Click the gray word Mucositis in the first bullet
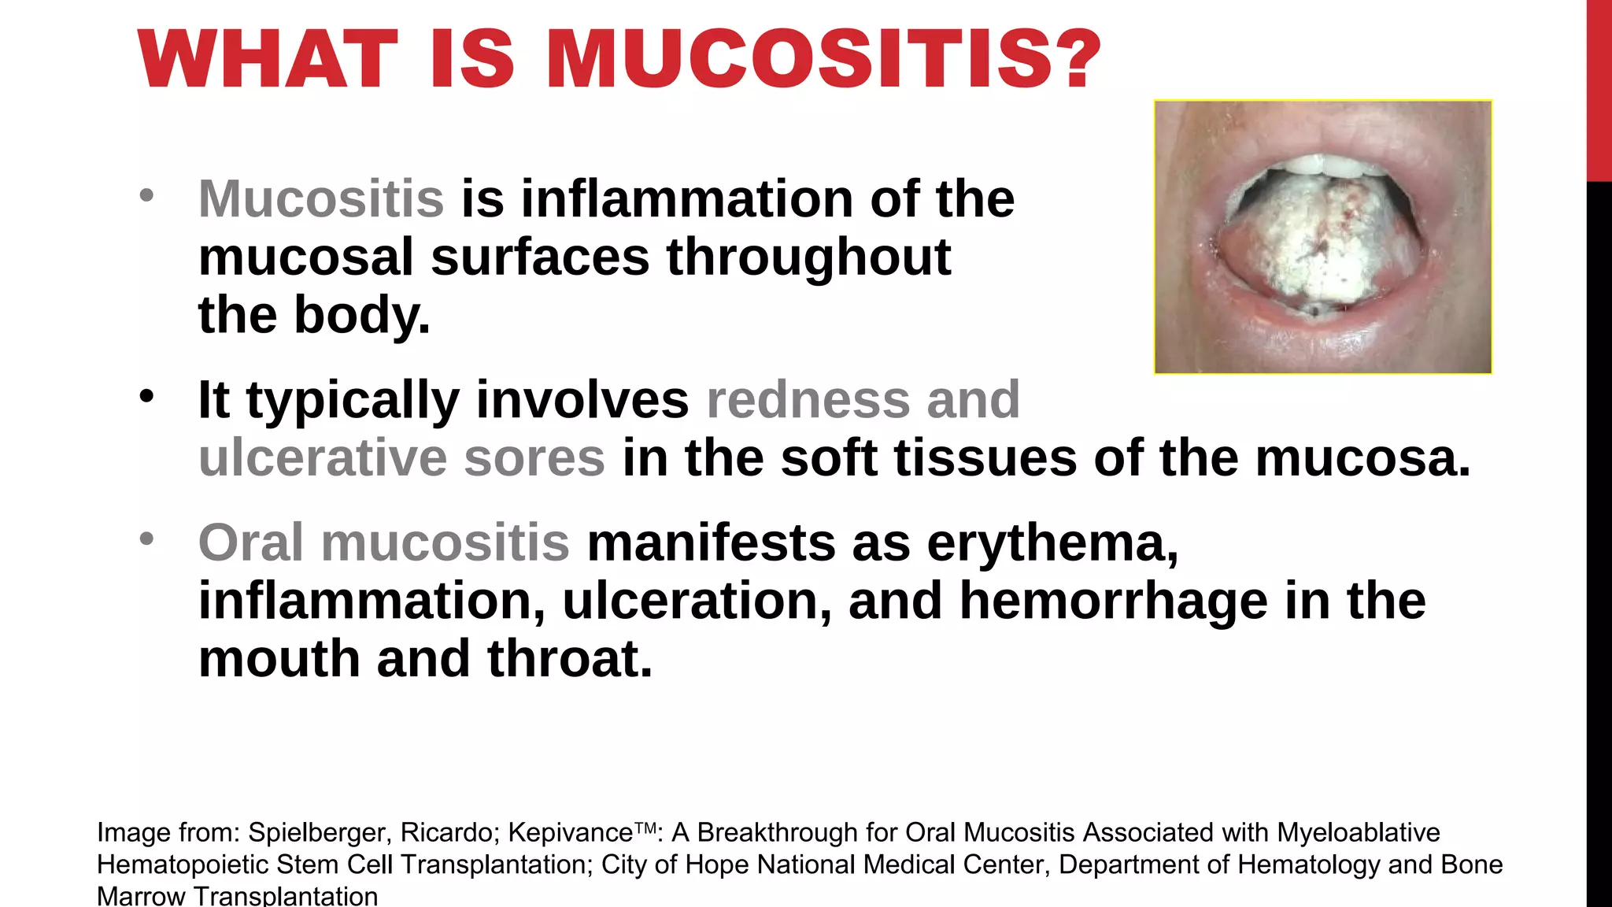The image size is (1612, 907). tap(321, 198)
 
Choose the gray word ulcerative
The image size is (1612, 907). tap(323, 457)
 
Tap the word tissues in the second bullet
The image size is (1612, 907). tap(983, 457)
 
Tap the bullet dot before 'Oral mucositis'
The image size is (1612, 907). tap(146, 539)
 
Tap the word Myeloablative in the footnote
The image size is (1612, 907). tap(1358, 832)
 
